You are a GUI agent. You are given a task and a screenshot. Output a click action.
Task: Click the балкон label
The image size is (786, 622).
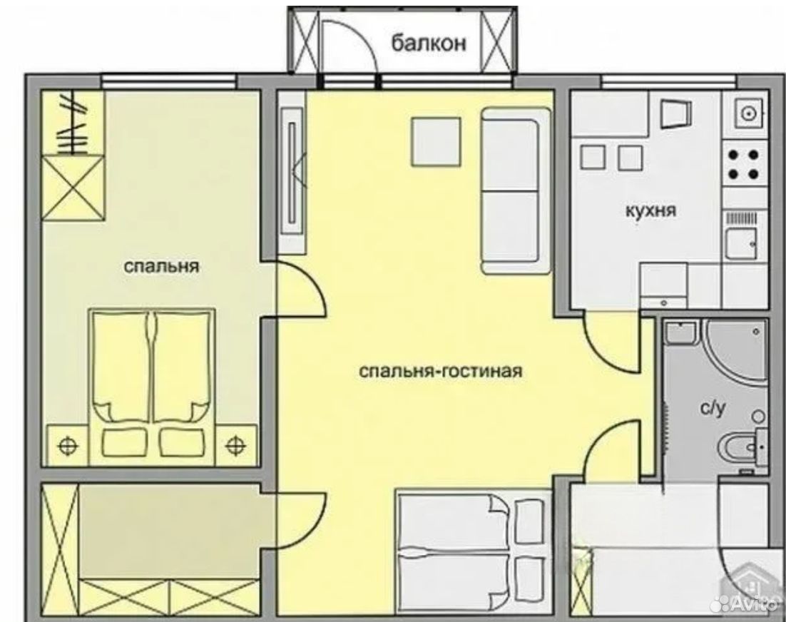[x=429, y=43]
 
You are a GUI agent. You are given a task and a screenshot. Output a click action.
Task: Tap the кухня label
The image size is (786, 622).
[x=650, y=210]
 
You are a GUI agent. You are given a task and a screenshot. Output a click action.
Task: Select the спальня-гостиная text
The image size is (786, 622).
[x=441, y=372]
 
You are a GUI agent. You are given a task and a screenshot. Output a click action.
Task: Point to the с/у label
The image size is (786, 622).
[x=713, y=409]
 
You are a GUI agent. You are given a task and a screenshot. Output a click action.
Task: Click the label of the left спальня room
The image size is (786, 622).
[x=161, y=265]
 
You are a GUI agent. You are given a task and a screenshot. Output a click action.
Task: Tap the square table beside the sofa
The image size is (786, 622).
[x=436, y=141]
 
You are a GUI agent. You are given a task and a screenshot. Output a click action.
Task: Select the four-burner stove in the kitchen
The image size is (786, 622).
[x=744, y=164]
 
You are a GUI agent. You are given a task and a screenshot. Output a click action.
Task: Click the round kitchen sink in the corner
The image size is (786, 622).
[x=750, y=114]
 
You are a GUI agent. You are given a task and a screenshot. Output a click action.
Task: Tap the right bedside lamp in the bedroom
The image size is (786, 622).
[x=235, y=444]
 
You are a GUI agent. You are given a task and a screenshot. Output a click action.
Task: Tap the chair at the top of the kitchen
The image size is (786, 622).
[x=677, y=114]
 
